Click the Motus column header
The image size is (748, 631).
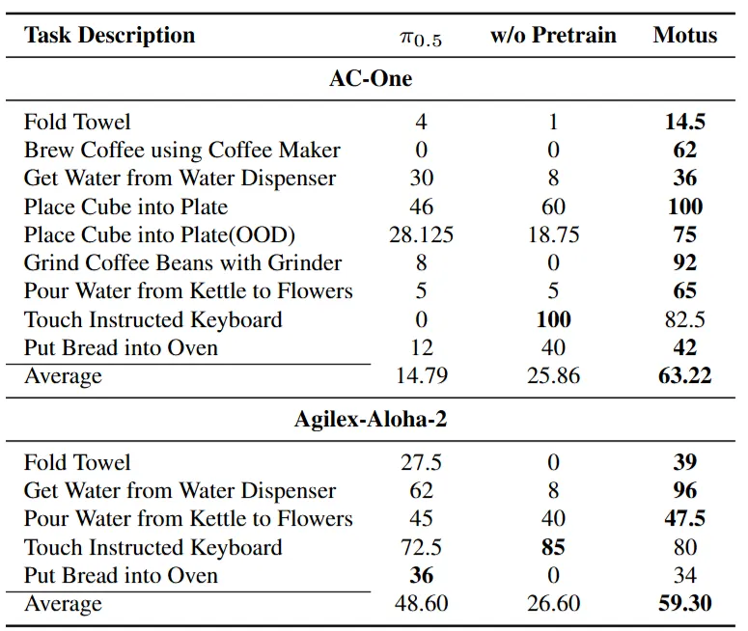pos(685,35)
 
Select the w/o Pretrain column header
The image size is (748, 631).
pos(553,35)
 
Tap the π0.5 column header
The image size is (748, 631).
pos(421,39)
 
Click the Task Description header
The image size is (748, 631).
pos(109,36)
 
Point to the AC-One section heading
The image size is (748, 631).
pos(371,79)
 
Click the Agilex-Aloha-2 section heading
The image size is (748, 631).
pos(371,420)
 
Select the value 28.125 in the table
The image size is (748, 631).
pos(421,234)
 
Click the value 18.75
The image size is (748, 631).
pos(553,234)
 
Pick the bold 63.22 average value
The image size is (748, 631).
pos(685,376)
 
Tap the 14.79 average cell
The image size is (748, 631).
pos(422,376)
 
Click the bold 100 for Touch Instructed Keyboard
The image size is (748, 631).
pos(553,319)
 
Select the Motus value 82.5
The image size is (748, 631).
pos(685,319)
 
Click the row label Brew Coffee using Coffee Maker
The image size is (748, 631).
pos(182,151)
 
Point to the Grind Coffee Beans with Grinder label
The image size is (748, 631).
pos(182,262)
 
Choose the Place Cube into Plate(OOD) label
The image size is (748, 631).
pos(159,235)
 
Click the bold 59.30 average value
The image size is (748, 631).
pos(685,603)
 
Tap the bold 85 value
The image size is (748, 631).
pos(553,547)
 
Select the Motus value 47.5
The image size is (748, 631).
pos(685,518)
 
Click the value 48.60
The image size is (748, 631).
pos(422,603)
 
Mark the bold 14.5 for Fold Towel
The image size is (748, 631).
pos(685,122)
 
